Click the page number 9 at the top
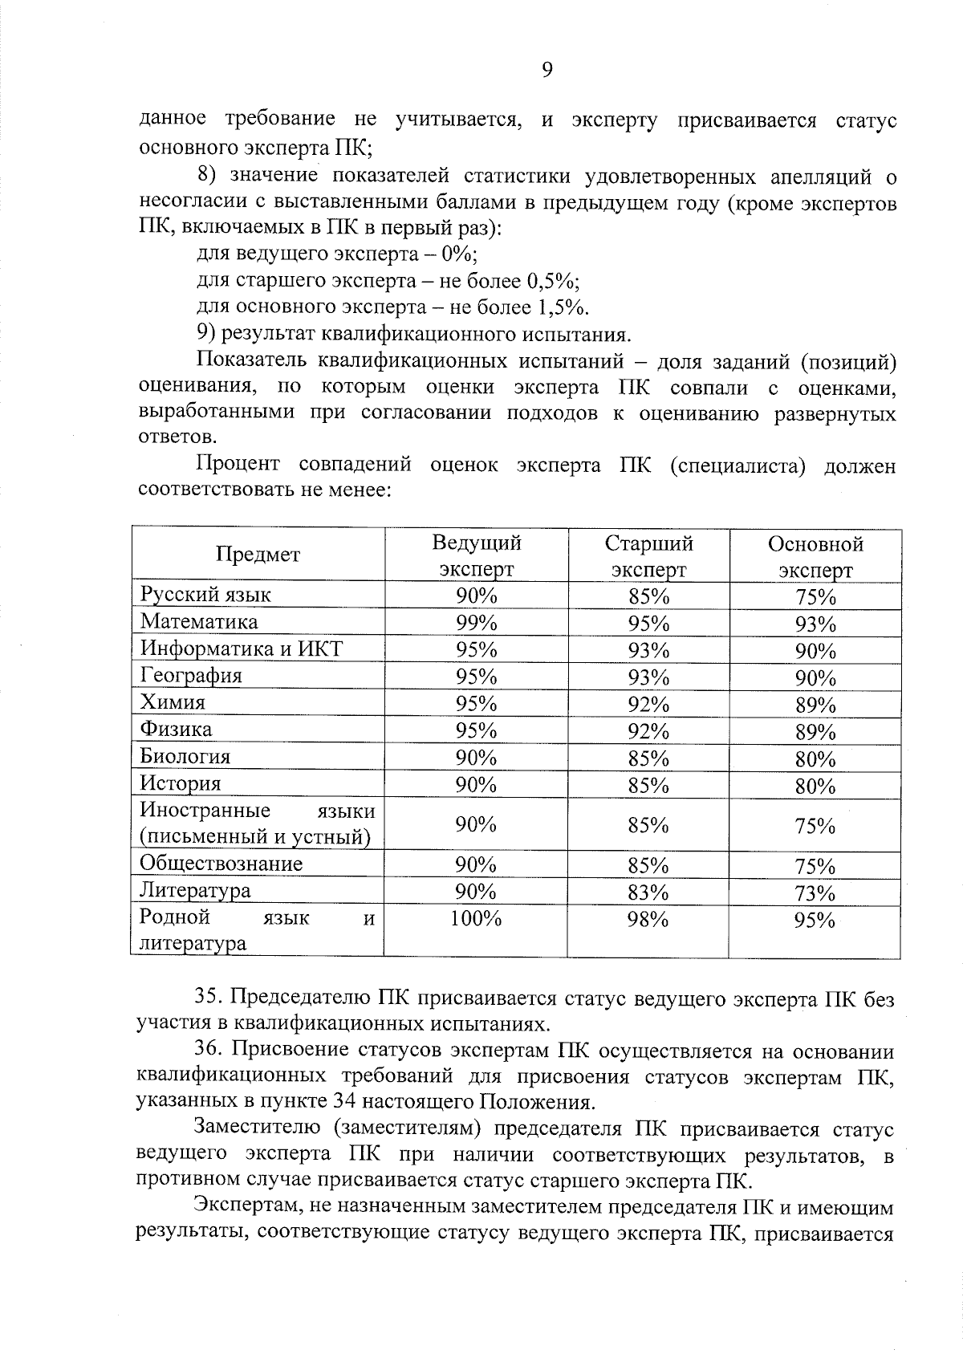point(547,71)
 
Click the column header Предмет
point(258,555)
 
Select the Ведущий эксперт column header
point(476,555)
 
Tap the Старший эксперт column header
point(648,556)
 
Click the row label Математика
point(199,622)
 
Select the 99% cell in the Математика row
point(476,623)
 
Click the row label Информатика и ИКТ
point(241,648)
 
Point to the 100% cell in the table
point(476,919)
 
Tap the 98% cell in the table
point(648,920)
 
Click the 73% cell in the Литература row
point(815,893)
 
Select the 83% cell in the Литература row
point(648,892)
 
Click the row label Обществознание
point(221,864)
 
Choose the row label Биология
point(185,757)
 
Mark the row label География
point(191,676)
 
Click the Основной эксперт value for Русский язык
point(815,597)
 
